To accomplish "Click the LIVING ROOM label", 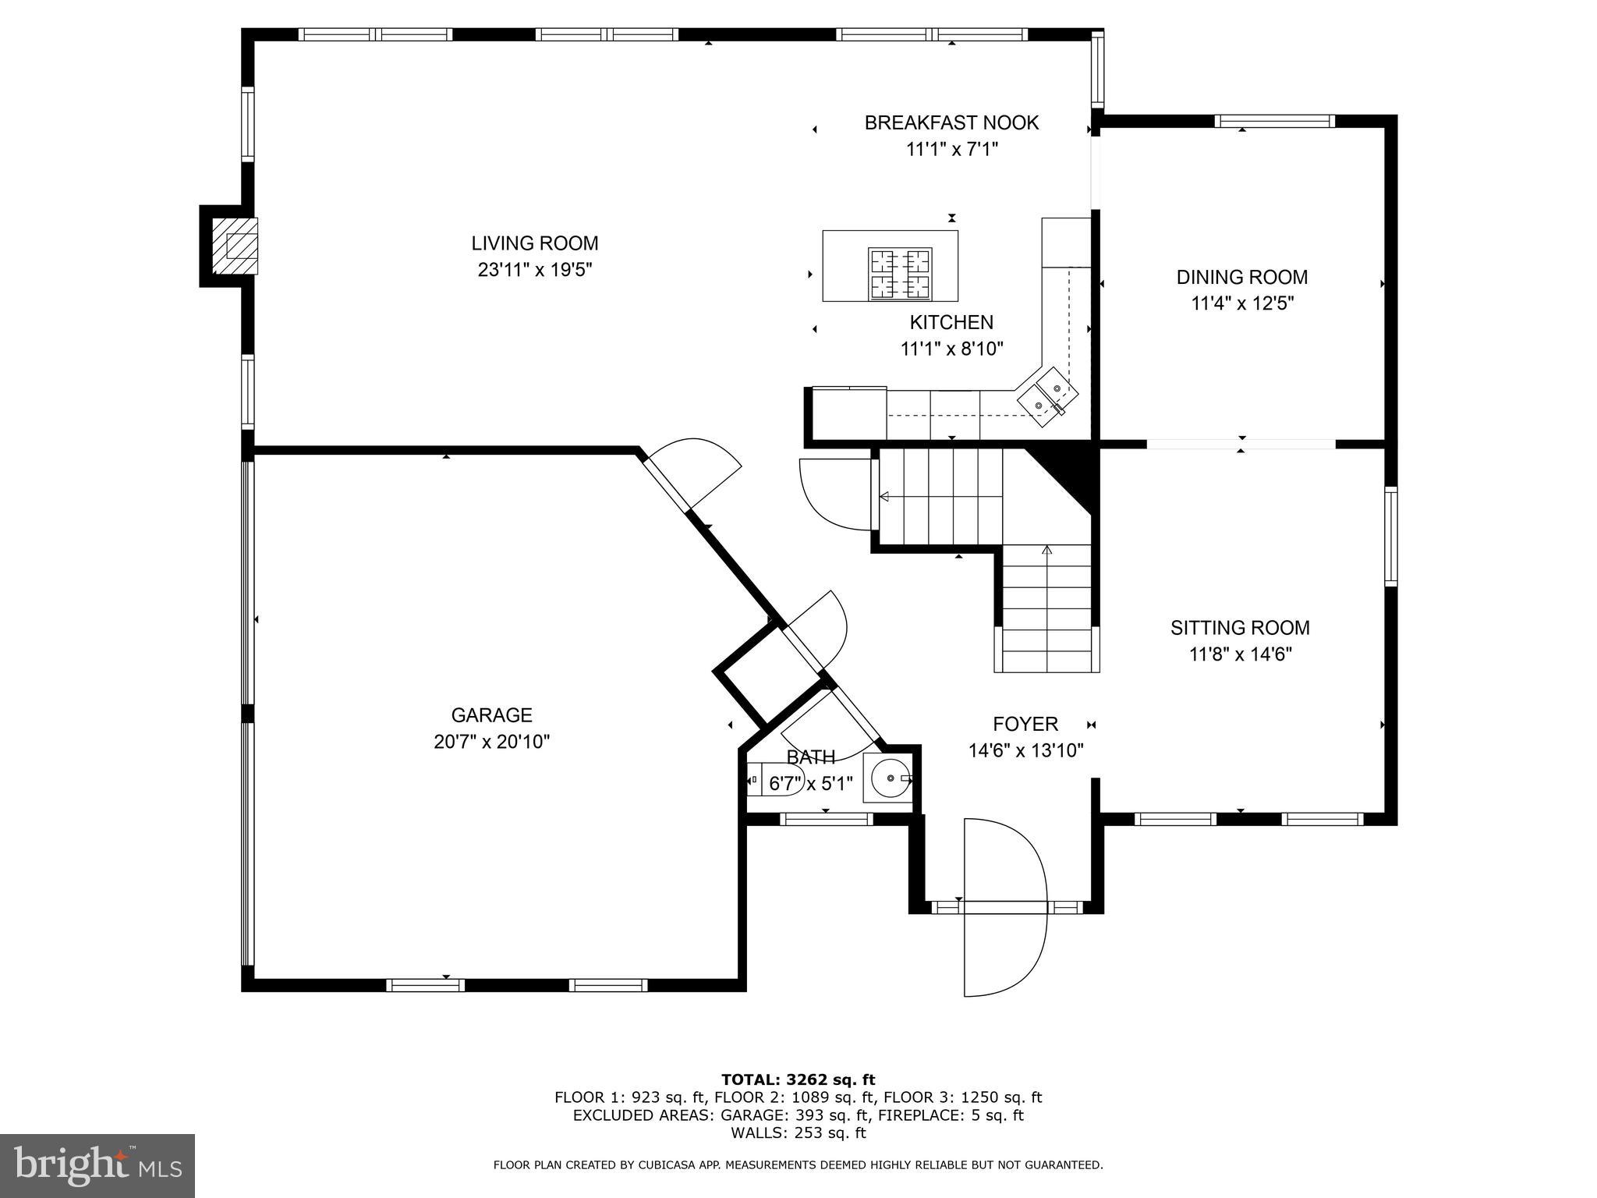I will pyautogui.click(x=534, y=243).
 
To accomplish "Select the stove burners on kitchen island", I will pyautogui.click(x=901, y=274).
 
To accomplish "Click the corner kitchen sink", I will pyautogui.click(x=1047, y=396).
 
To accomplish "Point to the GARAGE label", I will pyautogui.click(x=491, y=715).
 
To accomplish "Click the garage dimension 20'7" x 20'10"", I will pyautogui.click(x=491, y=742).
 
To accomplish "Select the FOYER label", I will pyautogui.click(x=1025, y=725).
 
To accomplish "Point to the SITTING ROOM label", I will pyautogui.click(x=1239, y=628).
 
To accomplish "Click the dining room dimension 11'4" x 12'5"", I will pyautogui.click(x=1241, y=303).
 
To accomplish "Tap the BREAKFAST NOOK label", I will pyautogui.click(x=951, y=122).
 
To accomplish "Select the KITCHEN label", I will pyautogui.click(x=951, y=322).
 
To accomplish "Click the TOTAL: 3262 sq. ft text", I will pyautogui.click(x=798, y=1079).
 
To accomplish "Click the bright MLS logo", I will pyautogui.click(x=97, y=1165).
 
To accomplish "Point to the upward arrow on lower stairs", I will pyautogui.click(x=1046, y=551).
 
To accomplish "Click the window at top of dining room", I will pyautogui.click(x=1274, y=121).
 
